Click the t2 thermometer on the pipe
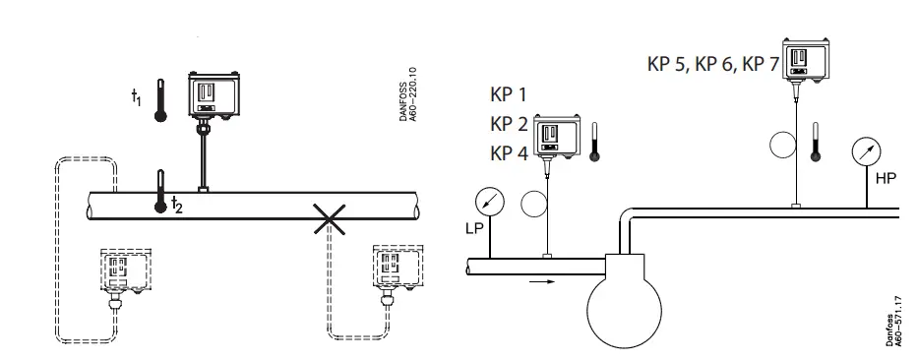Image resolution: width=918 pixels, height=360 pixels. click(x=158, y=192)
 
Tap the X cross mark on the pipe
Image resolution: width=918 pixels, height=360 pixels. click(x=329, y=220)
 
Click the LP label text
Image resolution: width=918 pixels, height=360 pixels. click(x=475, y=229)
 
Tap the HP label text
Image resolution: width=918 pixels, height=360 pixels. click(x=886, y=180)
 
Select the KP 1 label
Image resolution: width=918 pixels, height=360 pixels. click(x=509, y=95)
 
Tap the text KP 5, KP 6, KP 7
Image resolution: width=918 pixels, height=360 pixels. click(x=712, y=66)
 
